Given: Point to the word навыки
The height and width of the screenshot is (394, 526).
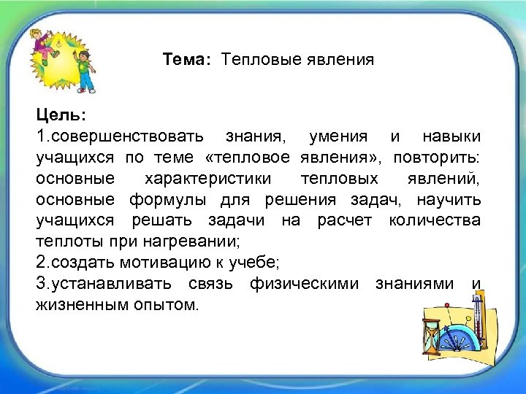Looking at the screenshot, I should pos(451,136).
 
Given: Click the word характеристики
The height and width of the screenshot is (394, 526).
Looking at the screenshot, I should pos(207,178).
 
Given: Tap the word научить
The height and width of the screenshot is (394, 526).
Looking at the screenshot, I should pos(449,199).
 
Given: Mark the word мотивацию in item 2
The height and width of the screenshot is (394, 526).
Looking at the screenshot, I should pos(153,262).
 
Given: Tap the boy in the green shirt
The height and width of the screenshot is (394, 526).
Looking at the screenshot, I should pos(85,71).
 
